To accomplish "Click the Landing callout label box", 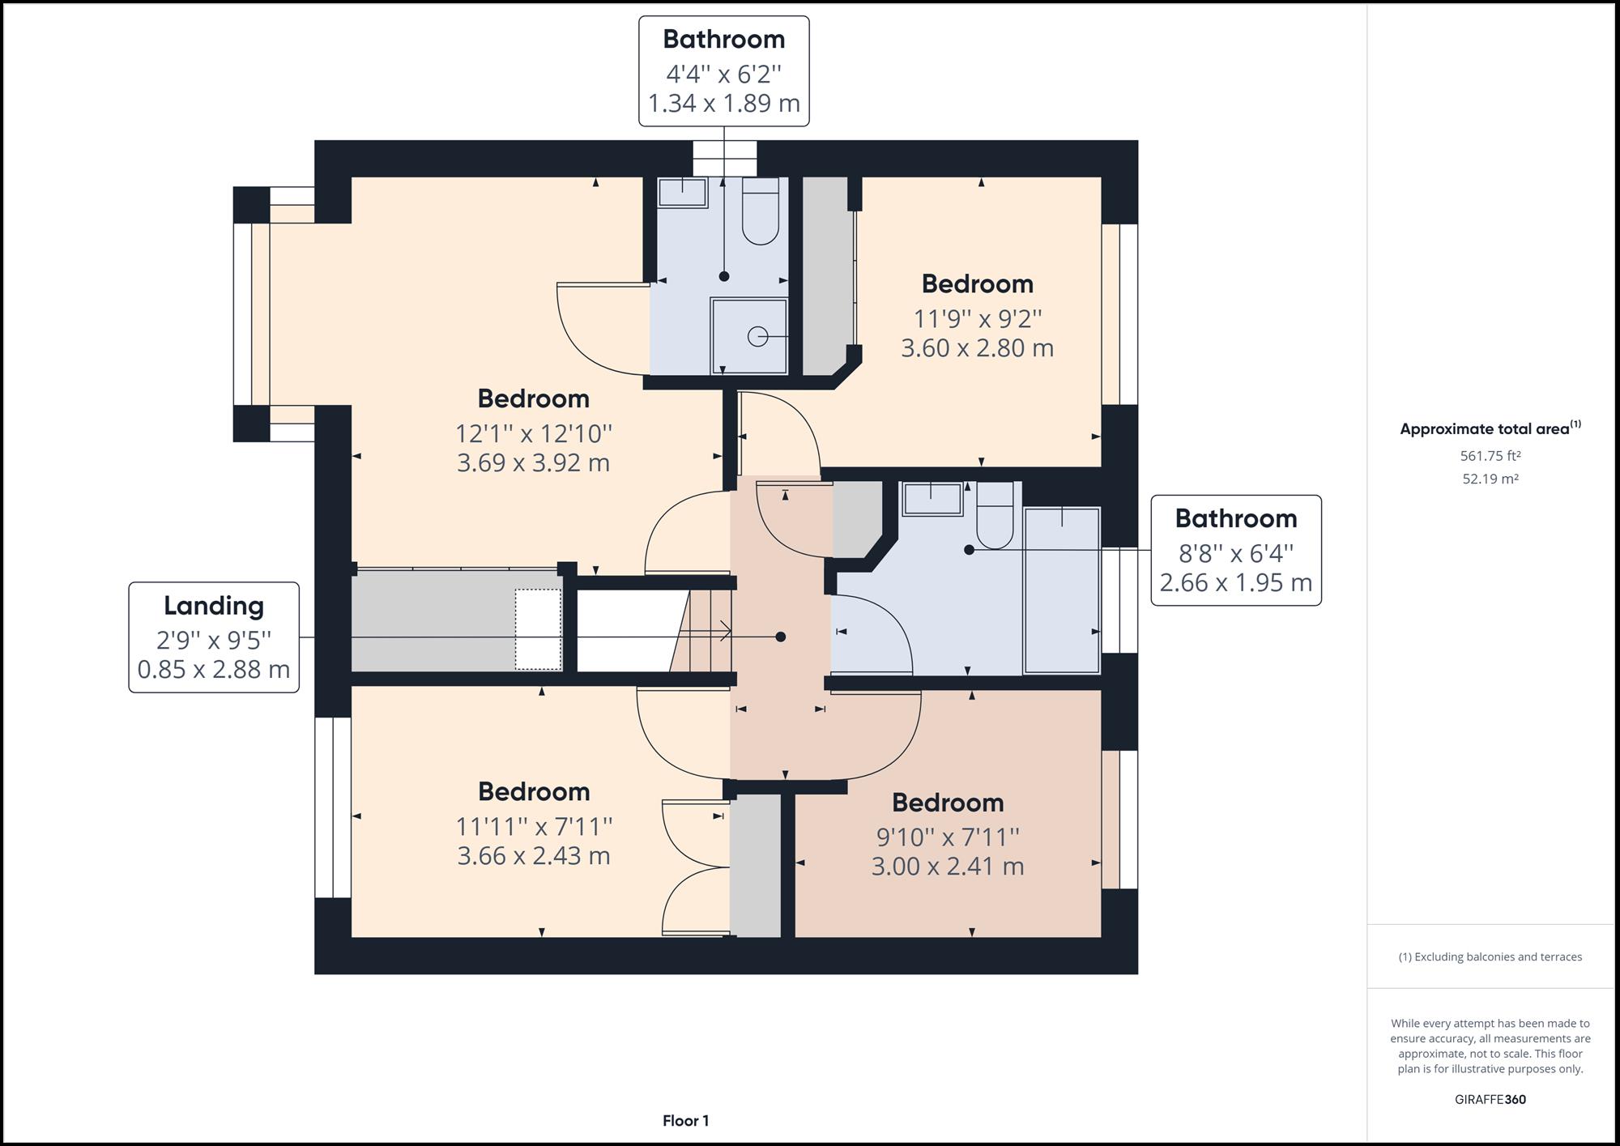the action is (x=214, y=637).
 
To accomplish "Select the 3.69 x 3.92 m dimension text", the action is (x=534, y=463).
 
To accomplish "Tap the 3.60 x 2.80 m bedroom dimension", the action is (x=978, y=348).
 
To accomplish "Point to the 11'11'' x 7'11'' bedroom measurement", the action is (x=534, y=827).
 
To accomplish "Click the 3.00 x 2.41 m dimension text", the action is (x=948, y=867).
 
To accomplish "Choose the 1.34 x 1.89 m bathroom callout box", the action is (x=724, y=71).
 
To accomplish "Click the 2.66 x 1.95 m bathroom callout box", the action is (x=1236, y=551).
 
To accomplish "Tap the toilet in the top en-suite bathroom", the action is (x=760, y=211).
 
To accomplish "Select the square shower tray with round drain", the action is (x=749, y=336).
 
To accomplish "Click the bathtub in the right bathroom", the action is (x=1062, y=590).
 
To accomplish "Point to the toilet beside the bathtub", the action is (x=995, y=516).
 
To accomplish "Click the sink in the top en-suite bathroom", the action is (x=682, y=193).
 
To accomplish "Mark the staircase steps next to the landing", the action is (x=701, y=631).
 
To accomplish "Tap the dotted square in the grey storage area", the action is (x=539, y=629).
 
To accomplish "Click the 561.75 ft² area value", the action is (x=1490, y=456).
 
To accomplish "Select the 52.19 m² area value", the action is (x=1490, y=479).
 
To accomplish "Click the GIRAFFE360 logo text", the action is (x=1490, y=1100).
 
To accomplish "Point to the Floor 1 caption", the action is (x=686, y=1121).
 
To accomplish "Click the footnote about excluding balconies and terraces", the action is (x=1490, y=957).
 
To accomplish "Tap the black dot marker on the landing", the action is (x=781, y=637).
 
